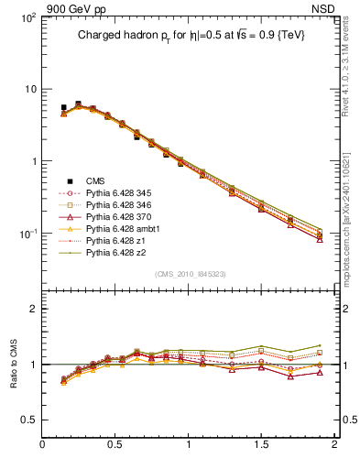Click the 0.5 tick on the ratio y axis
pos(28,420)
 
